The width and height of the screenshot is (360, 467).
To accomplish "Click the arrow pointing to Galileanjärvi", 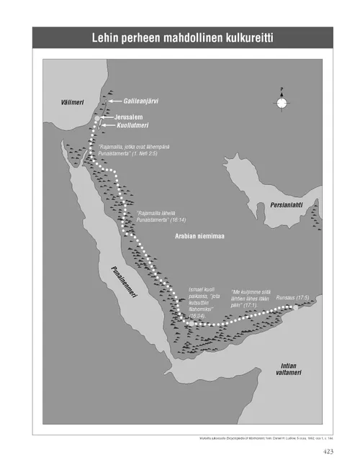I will coord(114,101).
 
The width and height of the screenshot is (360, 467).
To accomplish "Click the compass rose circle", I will coord(282,104).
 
